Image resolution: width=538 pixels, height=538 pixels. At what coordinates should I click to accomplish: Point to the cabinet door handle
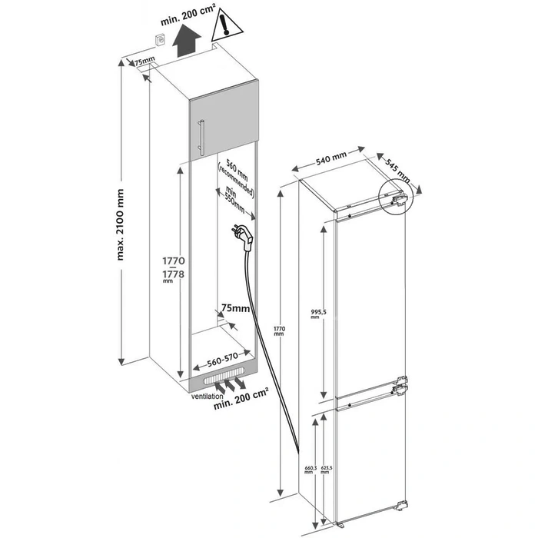coord(202,138)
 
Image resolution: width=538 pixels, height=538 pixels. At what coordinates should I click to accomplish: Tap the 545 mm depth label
coord(398,175)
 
